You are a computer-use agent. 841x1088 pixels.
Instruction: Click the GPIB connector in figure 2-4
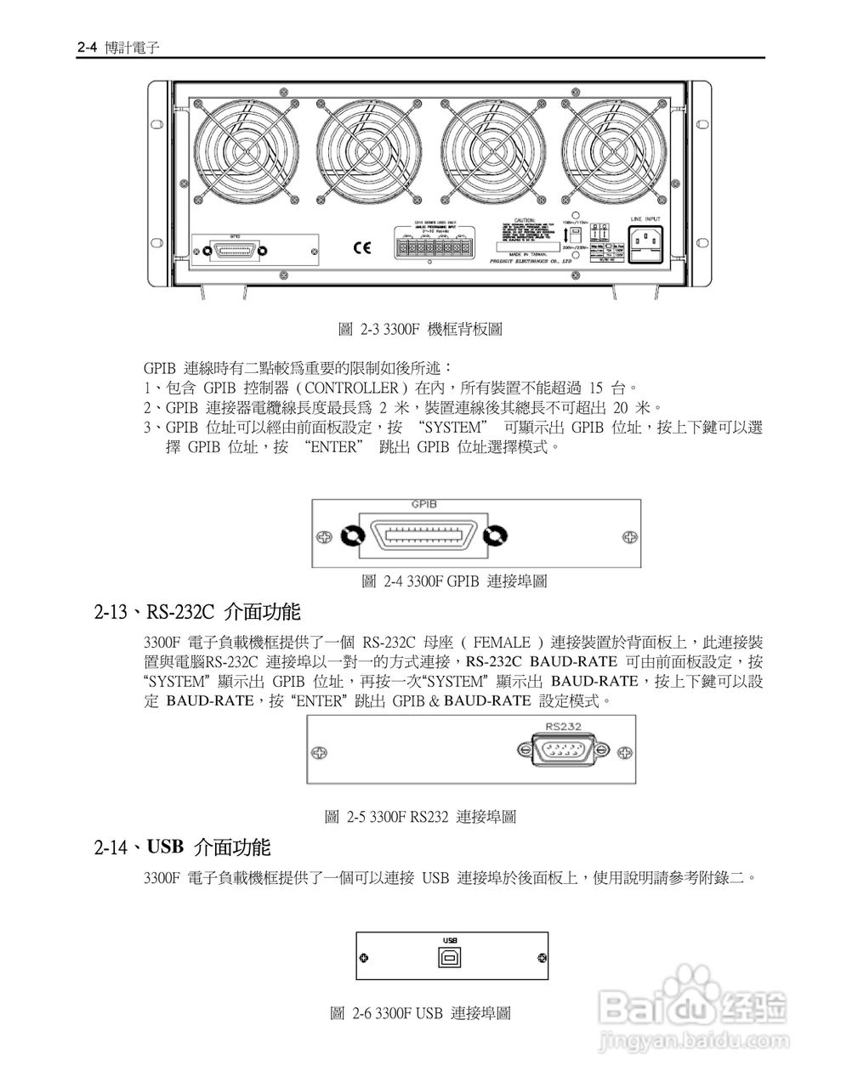pos(423,537)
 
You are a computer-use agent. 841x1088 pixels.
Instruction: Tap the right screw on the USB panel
pos(542,958)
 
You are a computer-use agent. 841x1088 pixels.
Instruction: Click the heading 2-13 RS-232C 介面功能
pos(196,611)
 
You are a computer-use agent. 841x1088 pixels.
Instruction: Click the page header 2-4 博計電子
pos(118,48)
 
